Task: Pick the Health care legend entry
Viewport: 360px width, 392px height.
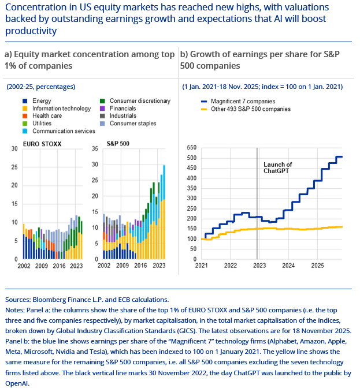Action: [47, 116]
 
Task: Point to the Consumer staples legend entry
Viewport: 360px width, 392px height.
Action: [131, 124]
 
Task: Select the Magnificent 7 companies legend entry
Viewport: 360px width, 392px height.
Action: [242, 101]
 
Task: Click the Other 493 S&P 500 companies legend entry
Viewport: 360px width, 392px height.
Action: [251, 109]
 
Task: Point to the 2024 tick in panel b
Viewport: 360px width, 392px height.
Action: [288, 266]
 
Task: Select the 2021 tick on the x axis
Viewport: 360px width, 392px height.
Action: [201, 266]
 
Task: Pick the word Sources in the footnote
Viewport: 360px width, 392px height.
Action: [18, 300]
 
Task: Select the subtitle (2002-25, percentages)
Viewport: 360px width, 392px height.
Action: [41, 87]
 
